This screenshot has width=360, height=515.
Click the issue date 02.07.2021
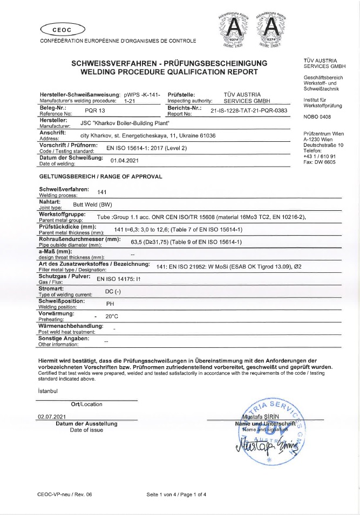(x=51, y=416)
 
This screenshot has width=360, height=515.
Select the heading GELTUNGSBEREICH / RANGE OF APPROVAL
(x=101, y=176)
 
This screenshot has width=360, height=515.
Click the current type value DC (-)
(x=112, y=291)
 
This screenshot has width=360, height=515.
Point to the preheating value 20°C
(x=112, y=316)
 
